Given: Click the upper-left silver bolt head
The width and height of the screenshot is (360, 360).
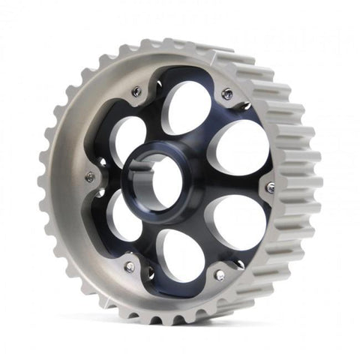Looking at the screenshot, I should (x=136, y=91).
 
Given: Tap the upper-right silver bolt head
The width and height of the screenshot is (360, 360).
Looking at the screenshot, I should (x=227, y=94).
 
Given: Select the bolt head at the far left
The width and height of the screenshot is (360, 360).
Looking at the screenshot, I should (x=90, y=178).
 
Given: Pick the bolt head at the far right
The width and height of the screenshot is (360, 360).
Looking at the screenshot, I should (x=270, y=187).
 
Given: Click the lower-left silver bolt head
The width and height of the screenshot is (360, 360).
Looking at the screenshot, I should (x=130, y=266).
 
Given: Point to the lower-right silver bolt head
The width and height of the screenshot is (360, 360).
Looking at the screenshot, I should (x=220, y=275).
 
